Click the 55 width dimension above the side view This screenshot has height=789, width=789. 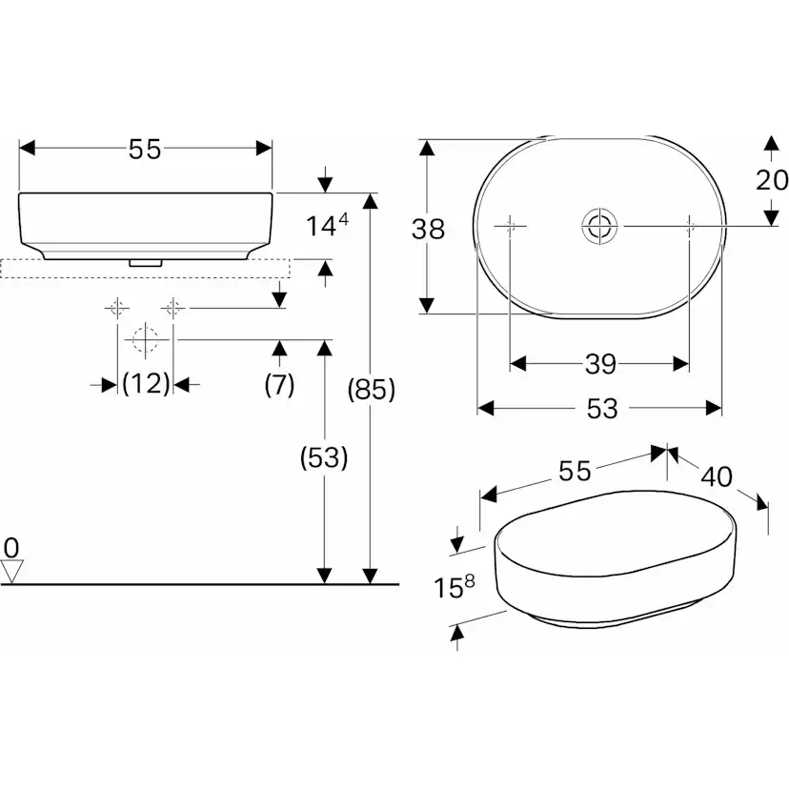click(x=146, y=149)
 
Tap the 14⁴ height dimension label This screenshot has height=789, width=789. click(x=327, y=226)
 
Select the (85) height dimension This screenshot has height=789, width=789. click(x=370, y=389)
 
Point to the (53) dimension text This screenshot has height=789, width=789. click(x=324, y=457)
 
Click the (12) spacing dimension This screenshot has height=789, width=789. click(x=146, y=384)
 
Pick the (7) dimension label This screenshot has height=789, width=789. click(x=279, y=384)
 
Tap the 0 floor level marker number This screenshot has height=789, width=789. click(x=11, y=547)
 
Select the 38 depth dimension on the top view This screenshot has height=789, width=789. click(x=428, y=229)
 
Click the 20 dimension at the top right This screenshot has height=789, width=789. click(x=772, y=180)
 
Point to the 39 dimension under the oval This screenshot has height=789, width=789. click(x=599, y=364)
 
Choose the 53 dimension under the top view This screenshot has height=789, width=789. click(x=602, y=409)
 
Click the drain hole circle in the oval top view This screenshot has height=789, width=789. click(x=600, y=226)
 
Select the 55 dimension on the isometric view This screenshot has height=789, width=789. click(x=575, y=470)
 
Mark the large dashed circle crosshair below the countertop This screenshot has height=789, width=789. click(x=143, y=339)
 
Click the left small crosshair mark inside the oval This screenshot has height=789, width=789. click(x=511, y=226)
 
